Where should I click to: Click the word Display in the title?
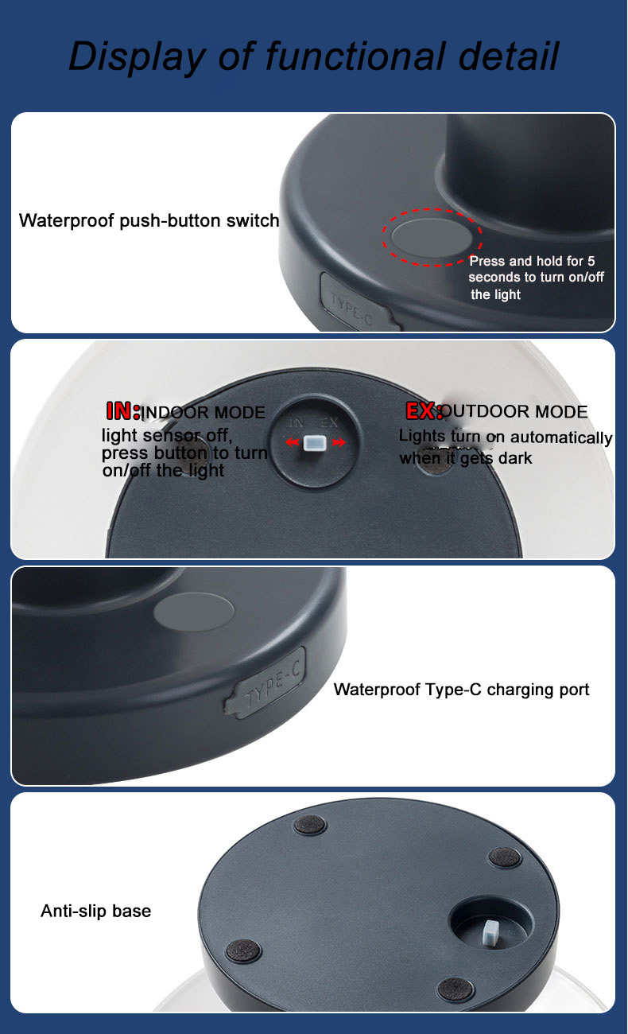coord(137,56)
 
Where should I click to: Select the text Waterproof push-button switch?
coord(149,220)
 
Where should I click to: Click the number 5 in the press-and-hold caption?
coord(591,261)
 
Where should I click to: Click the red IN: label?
coord(123,410)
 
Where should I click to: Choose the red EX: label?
coord(424,410)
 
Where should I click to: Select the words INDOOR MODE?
coord(203,412)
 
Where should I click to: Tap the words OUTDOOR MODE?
coord(514,411)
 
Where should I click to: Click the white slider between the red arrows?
coord(315,443)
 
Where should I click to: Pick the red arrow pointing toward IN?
coord(293,443)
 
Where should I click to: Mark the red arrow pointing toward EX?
coord(338,443)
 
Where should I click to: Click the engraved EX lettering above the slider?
coord(329,422)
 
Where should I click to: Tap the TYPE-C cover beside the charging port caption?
coord(266,682)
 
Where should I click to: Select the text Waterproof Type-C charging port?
coord(461,690)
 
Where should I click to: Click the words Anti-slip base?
coord(96,911)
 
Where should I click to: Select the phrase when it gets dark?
coord(466,458)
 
